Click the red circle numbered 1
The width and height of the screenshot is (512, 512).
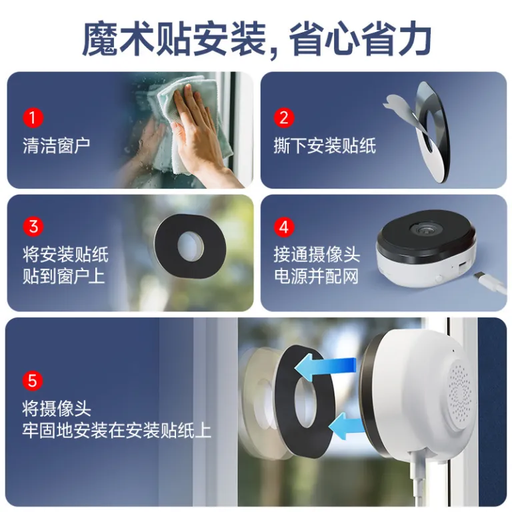[33, 117]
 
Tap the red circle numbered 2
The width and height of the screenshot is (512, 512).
[284, 117]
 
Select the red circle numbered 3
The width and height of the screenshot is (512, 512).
[33, 226]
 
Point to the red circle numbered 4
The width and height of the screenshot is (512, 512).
[284, 226]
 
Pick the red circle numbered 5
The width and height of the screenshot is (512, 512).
[33, 381]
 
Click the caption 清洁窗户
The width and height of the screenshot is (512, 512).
[56, 145]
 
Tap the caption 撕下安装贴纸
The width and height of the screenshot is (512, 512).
[325, 145]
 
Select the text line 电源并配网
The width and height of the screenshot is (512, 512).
[316, 276]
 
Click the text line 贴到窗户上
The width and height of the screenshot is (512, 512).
[64, 276]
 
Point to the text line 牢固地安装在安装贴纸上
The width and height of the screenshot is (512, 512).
[117, 431]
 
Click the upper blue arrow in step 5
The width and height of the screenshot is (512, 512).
[325, 367]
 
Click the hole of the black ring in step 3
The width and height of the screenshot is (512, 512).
[190, 246]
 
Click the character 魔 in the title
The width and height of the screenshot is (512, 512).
[99, 39]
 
